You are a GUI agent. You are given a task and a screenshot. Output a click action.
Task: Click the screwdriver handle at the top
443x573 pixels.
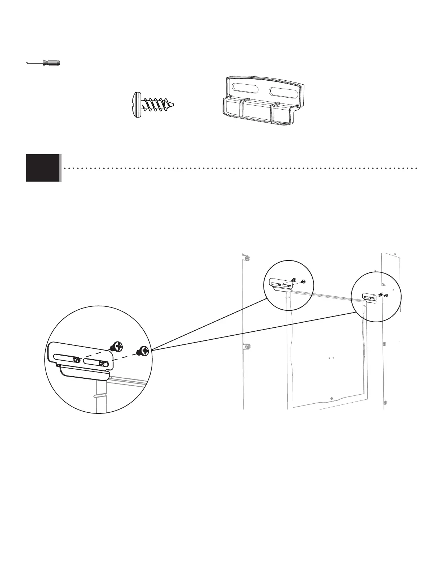pos(51,63)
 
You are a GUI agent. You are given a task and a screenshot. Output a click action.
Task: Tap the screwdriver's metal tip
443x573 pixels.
pos(28,63)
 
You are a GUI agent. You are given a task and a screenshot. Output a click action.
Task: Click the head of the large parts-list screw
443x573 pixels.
pos(135,105)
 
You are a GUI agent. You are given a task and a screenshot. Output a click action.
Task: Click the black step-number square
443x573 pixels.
pos(43,167)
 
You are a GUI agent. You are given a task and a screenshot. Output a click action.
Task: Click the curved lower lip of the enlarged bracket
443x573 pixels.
pos(83,373)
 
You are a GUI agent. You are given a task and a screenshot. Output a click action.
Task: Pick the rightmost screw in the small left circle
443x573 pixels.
pos(303,281)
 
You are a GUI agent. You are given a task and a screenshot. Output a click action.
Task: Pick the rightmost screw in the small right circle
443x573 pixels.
pos(386,295)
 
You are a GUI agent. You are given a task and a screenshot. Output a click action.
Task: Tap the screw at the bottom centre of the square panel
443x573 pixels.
pos(332,398)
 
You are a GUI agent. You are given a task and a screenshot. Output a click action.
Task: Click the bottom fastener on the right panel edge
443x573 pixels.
pos(385,402)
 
